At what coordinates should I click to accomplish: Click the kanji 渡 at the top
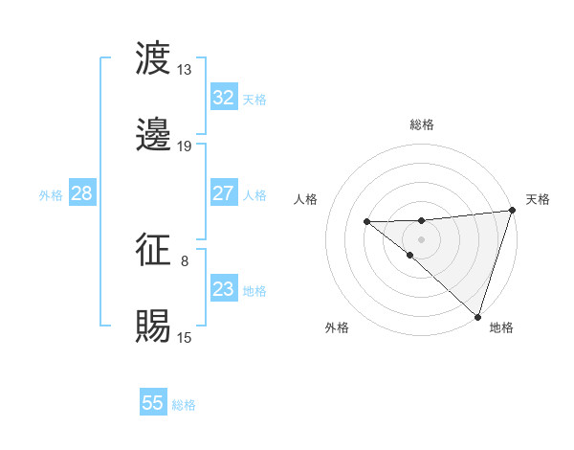[154, 58]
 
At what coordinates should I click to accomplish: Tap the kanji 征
[154, 250]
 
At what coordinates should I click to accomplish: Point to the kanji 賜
[154, 326]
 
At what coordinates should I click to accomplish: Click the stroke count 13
[184, 70]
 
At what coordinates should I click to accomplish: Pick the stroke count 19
[184, 146]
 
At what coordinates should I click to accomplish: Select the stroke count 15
[184, 338]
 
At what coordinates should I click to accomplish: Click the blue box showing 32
[223, 98]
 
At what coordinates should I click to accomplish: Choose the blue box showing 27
[223, 193]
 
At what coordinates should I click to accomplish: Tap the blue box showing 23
[223, 289]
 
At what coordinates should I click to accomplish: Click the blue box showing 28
[81, 193]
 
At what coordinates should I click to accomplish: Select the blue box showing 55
[153, 403]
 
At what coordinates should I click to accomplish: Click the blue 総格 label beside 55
[184, 405]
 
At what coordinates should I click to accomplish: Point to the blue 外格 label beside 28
[51, 194]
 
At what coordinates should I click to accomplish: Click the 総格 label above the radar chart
[421, 124]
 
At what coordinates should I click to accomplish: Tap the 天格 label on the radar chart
[538, 199]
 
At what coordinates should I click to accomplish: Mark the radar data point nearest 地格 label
[477, 316]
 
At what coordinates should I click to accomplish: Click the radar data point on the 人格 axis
[367, 222]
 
